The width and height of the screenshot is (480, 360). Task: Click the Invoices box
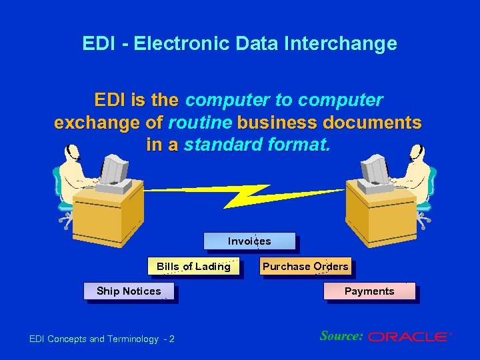[x=249, y=241]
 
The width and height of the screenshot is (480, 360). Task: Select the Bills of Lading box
[x=193, y=267]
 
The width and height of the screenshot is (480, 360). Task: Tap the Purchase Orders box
[x=305, y=267]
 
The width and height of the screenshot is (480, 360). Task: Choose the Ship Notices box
[x=129, y=291]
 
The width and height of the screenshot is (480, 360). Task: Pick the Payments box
[x=369, y=291]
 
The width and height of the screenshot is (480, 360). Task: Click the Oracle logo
[x=409, y=337]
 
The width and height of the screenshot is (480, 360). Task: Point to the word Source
[x=341, y=336]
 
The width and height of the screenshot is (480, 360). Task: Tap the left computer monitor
[x=115, y=169]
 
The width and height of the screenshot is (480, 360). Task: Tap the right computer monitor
[x=375, y=169]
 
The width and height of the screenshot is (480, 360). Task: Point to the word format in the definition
[x=299, y=145]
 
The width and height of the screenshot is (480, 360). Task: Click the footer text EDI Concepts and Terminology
[x=93, y=339]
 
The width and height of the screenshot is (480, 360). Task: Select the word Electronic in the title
[x=172, y=44]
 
